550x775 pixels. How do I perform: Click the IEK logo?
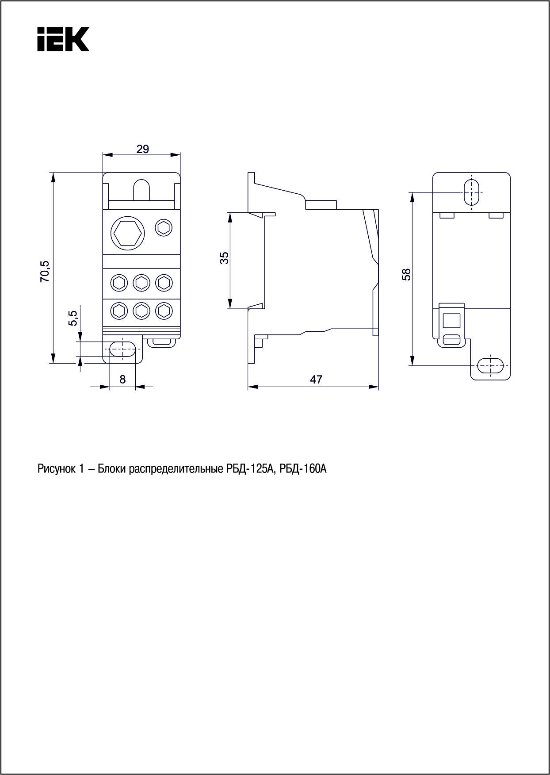63,39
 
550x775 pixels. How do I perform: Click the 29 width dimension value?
142,149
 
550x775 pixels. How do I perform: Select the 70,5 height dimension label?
46,272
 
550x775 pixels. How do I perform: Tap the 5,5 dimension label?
73,318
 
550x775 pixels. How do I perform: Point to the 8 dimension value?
122,379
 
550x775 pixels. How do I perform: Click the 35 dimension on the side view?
225,258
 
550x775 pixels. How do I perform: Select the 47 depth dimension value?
316,380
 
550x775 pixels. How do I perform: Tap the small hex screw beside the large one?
164,228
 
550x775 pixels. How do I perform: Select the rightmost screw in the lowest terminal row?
164,311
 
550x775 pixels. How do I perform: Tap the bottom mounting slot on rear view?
490,366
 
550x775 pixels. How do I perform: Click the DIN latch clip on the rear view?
452,325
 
